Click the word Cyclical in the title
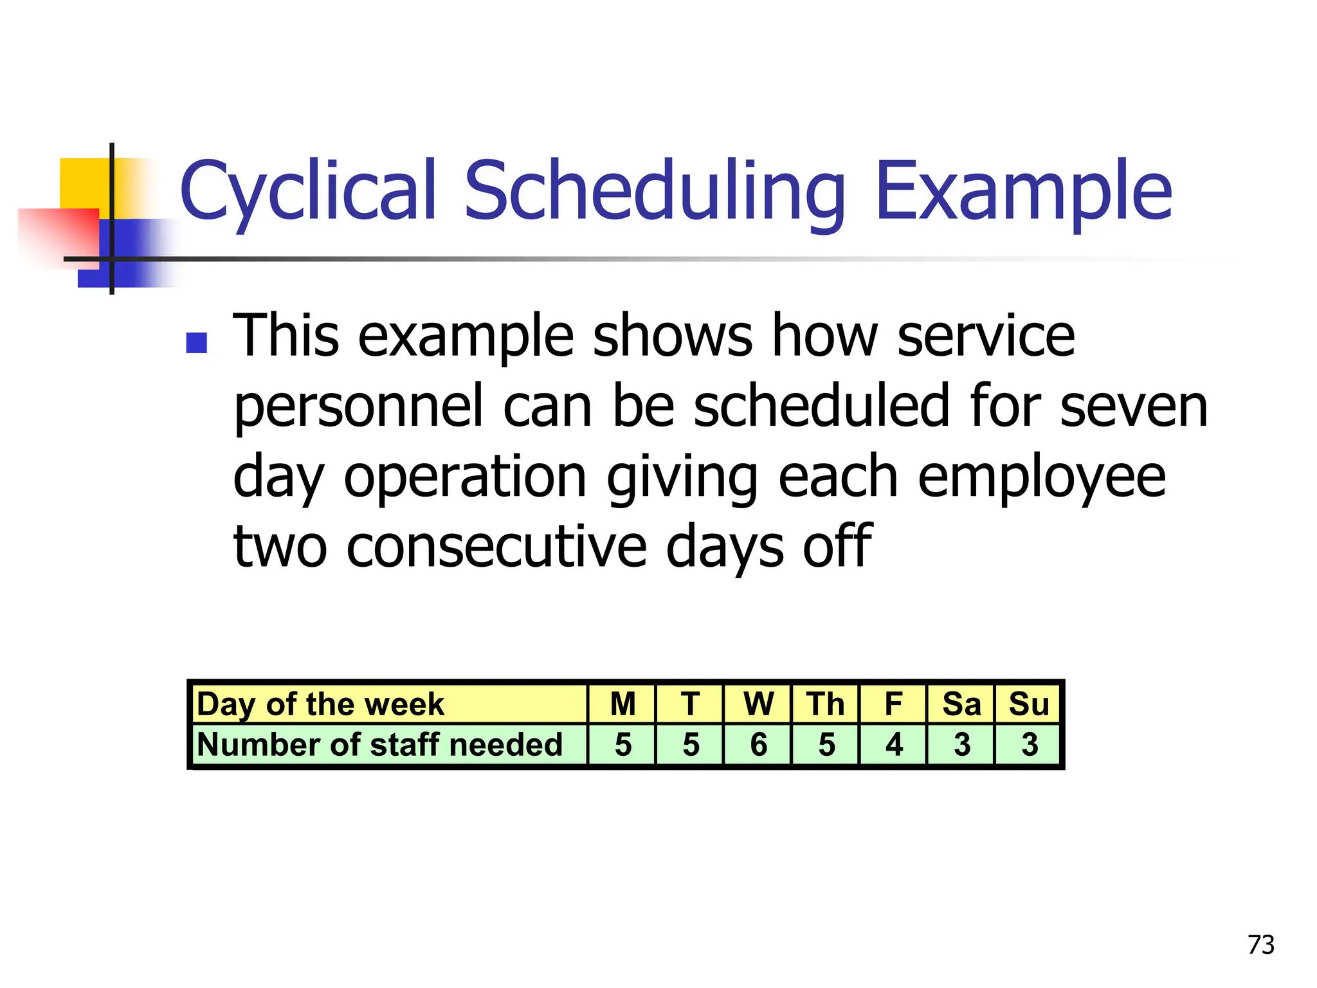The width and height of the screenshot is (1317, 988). click(x=309, y=192)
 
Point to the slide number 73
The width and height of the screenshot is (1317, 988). click(x=1260, y=945)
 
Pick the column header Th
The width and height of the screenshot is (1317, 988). click(x=826, y=704)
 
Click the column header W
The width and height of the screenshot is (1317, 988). click(x=758, y=704)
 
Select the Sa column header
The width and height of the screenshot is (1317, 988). click(x=961, y=704)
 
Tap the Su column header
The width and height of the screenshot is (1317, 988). click(x=1029, y=704)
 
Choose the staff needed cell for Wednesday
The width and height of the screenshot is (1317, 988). click(x=758, y=745)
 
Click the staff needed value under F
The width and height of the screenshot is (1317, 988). click(x=894, y=745)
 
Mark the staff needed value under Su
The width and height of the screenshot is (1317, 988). click(x=1029, y=745)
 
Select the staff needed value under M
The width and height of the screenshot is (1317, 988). click(x=622, y=745)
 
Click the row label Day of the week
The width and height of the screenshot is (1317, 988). click(x=320, y=704)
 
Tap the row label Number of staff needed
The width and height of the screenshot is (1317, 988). click(x=379, y=745)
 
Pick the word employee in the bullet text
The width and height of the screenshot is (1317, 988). click(x=1042, y=478)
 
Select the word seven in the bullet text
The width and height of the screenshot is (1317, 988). click(x=1134, y=407)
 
